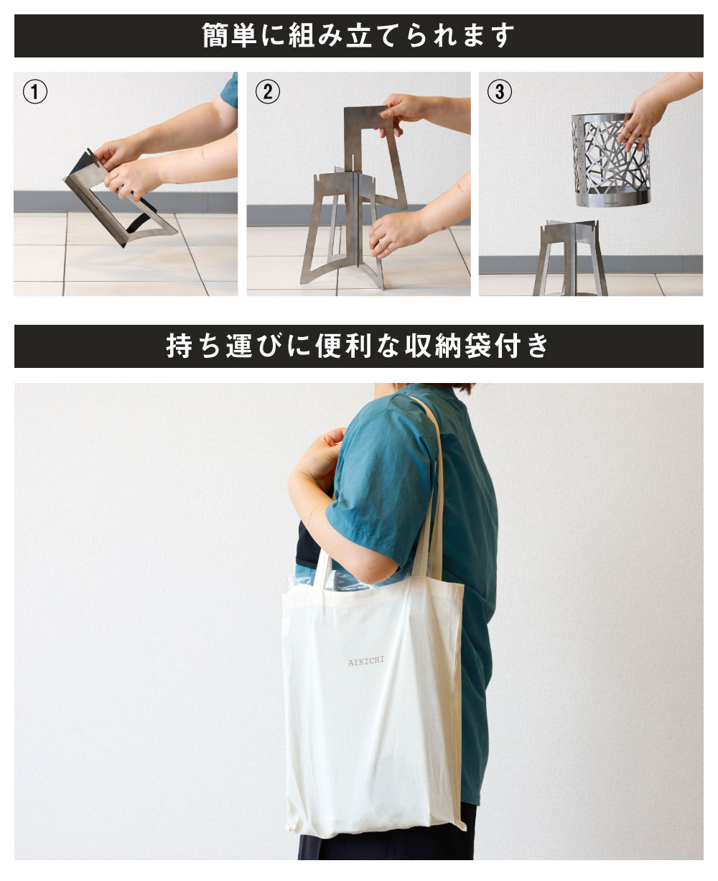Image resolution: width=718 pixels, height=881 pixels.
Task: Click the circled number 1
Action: pos(35,92)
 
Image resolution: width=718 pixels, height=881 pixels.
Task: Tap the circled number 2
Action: pos(267,92)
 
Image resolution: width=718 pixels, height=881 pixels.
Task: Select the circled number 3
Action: pos(499,92)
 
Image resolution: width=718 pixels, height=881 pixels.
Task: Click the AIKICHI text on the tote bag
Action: pos(365,662)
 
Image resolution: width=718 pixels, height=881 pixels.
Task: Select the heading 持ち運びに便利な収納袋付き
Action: pos(358,346)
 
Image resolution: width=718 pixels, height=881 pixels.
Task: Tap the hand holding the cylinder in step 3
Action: pos(643,115)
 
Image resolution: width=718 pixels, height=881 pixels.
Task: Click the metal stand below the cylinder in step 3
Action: pos(571,259)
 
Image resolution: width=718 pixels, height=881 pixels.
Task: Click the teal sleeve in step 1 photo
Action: pos(230,89)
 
